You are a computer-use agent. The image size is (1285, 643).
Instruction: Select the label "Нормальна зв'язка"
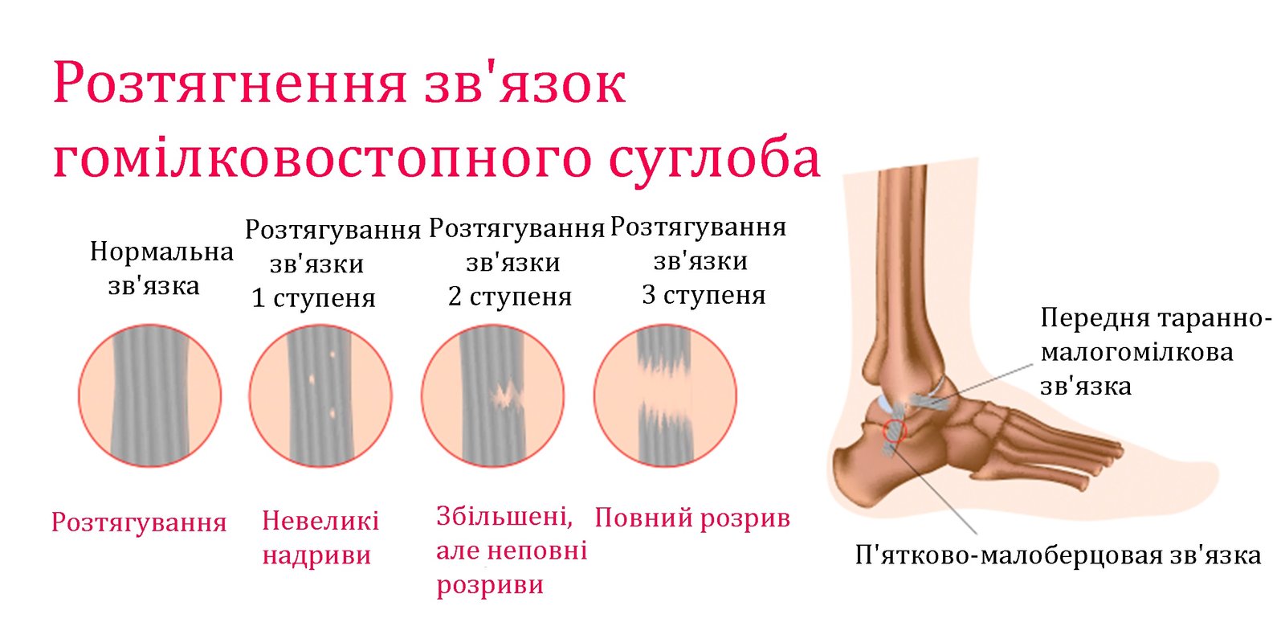click(161, 268)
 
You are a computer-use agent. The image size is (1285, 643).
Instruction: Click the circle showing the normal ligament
click(149, 395)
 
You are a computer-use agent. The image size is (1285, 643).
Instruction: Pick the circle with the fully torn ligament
click(665, 395)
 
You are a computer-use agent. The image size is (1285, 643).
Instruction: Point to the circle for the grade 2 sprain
click(493, 395)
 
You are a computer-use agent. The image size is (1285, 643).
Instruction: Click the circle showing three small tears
click(320, 395)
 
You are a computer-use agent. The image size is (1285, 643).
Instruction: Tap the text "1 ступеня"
click(313, 298)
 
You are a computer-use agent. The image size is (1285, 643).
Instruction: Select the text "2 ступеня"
click(510, 297)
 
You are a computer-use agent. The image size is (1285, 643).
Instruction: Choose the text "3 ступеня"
click(704, 295)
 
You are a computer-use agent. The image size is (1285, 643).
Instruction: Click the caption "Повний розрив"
click(692, 518)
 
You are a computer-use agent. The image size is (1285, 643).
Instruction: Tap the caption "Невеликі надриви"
click(320, 538)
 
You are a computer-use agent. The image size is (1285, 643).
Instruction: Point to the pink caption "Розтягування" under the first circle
click(140, 522)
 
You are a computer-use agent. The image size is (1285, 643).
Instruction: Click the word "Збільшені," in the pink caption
click(505, 517)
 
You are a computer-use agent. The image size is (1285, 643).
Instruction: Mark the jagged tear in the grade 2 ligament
click(507, 395)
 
